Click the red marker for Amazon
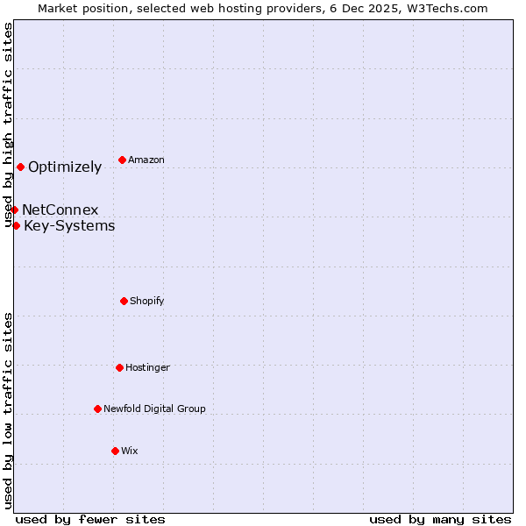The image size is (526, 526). click(x=122, y=160)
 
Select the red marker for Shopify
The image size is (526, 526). click(x=124, y=301)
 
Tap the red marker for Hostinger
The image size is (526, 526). click(x=119, y=367)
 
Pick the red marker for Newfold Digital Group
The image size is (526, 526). click(x=97, y=409)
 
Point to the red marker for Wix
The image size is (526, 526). click(x=115, y=451)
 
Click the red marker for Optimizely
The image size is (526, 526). click(x=20, y=167)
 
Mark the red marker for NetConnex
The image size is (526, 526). click(x=14, y=210)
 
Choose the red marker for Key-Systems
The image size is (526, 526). click(x=16, y=225)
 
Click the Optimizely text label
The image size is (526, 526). click(x=65, y=167)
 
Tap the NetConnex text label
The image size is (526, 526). click(x=60, y=210)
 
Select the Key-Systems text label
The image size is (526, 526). click(x=69, y=226)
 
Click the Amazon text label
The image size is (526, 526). click(x=146, y=160)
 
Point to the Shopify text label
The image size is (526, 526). click(x=147, y=302)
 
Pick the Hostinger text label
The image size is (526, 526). click(x=147, y=368)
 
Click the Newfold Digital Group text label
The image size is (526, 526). click(x=154, y=409)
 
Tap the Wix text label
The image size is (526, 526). click(x=130, y=451)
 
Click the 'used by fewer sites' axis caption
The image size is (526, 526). click(x=90, y=519)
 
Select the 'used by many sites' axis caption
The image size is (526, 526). click(x=440, y=519)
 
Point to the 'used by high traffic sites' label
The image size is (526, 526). click(x=9, y=124)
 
